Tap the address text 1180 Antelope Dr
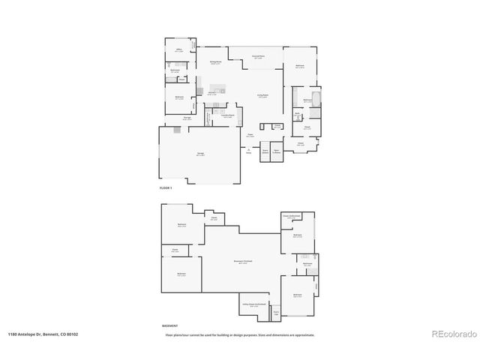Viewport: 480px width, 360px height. tap(43, 334)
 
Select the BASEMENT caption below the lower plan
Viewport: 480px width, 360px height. tap(170, 325)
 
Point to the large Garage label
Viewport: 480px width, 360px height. tap(200, 154)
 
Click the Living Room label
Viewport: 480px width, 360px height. tap(263, 95)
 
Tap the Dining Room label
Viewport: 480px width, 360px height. tap(214, 63)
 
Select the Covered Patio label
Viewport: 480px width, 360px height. tap(257, 57)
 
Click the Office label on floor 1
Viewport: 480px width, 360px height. tap(179, 50)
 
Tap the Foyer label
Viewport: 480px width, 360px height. tap(250, 136)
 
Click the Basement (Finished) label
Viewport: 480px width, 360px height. tap(243, 261)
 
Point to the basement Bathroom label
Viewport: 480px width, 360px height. tap(307, 264)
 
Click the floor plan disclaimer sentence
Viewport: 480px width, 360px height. tap(240, 334)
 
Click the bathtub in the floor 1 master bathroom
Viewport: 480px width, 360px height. tap(315, 98)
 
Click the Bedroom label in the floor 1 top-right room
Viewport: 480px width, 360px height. tap(299, 67)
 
